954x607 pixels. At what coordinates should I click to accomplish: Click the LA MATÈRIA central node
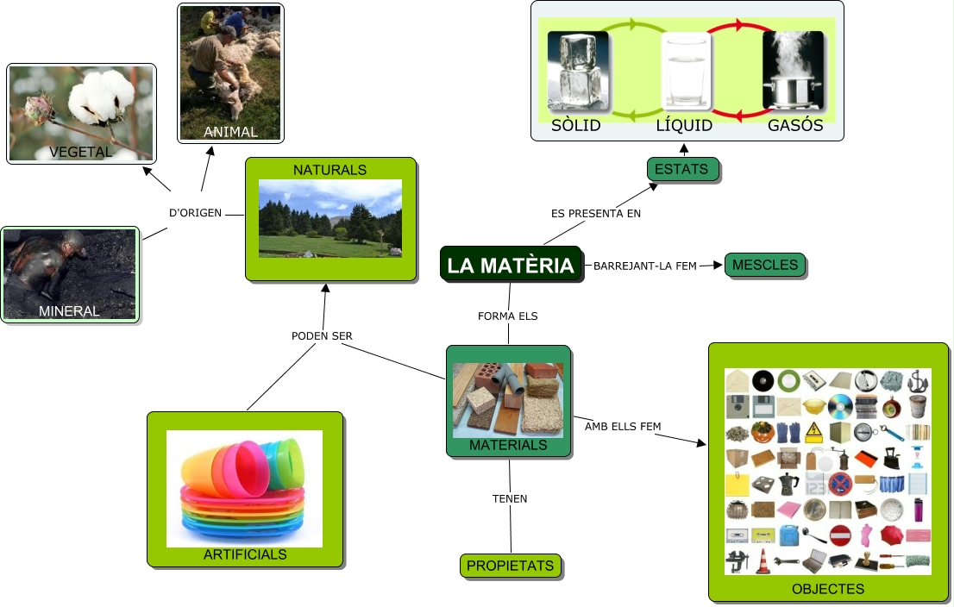pos(511,265)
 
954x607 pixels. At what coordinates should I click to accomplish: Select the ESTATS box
pos(681,169)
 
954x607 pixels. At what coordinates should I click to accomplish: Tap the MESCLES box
pos(765,265)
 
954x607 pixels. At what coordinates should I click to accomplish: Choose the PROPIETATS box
pos(510,566)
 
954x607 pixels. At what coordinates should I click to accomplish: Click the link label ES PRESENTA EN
pos(596,213)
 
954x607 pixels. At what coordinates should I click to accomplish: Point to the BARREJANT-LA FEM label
pos(645,266)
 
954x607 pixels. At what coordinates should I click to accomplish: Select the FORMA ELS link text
pos(508,316)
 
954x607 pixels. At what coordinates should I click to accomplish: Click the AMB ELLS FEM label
pos(623,426)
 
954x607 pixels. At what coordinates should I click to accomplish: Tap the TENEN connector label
pos(510,498)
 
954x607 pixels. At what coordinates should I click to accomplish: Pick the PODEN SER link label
pos(322,336)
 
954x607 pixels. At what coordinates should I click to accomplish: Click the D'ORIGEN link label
pos(195,212)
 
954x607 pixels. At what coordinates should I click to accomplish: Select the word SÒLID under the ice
pos(576,126)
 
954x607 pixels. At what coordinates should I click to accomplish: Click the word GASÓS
pos(795,126)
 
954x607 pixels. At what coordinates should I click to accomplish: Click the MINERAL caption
pos(69,311)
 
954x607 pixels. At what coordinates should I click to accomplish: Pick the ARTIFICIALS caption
pos(245,554)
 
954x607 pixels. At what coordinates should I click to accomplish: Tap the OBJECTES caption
pos(828,589)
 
